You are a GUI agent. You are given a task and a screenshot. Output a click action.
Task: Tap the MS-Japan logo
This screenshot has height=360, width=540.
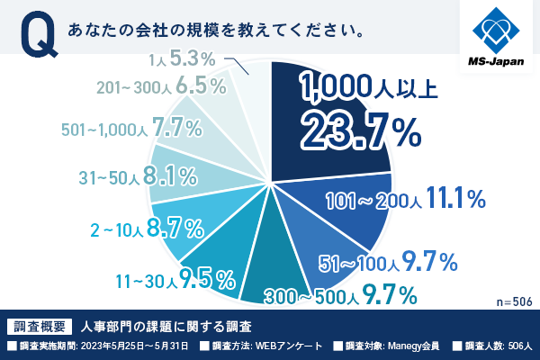pos(498,36)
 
